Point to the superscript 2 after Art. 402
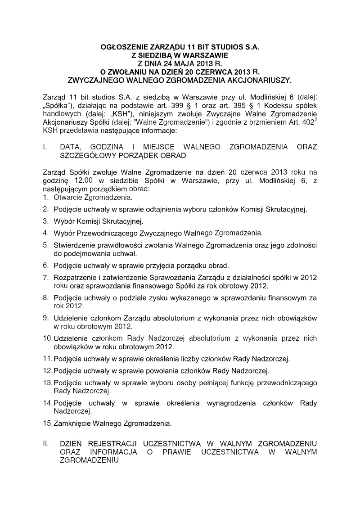pyautogui.click(x=315, y=121)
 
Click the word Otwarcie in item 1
pyautogui.click(x=67, y=197)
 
